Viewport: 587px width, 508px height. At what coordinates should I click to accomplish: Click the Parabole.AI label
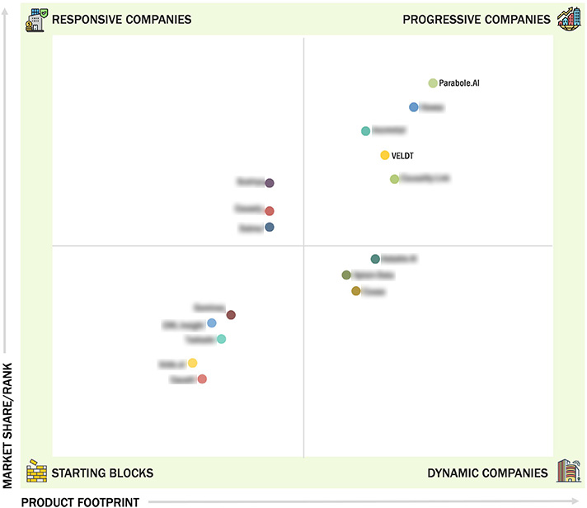tap(458, 83)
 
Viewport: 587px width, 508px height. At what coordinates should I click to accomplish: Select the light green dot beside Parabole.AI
tap(433, 83)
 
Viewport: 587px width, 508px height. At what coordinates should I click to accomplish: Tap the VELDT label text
tap(403, 155)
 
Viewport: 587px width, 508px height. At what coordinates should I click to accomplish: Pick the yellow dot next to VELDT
tap(385, 155)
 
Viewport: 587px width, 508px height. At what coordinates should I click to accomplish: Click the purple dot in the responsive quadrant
tap(270, 183)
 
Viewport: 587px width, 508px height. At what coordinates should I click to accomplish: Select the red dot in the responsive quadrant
tap(270, 211)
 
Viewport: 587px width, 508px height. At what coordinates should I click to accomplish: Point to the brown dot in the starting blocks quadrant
tap(231, 315)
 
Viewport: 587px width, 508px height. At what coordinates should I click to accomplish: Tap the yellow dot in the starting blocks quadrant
tap(192, 363)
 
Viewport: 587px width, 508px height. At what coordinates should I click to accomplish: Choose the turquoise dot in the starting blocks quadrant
tap(221, 339)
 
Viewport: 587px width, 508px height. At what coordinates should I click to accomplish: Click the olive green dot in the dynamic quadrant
tap(346, 275)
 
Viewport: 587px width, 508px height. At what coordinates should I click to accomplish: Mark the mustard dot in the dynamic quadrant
tap(356, 291)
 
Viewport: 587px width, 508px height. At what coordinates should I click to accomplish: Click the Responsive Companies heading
tap(121, 19)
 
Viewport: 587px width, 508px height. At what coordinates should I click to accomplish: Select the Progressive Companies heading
tap(477, 19)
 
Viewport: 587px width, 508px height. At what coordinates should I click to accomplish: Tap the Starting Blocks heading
tap(102, 473)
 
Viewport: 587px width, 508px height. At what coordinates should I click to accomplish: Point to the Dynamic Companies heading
tap(487, 473)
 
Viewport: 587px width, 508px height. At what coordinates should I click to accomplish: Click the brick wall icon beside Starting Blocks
tap(36, 472)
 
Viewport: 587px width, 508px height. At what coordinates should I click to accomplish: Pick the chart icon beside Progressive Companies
tap(569, 18)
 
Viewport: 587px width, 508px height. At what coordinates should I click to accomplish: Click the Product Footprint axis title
tap(80, 501)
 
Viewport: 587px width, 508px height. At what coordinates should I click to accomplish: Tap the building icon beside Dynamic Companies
tap(568, 471)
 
